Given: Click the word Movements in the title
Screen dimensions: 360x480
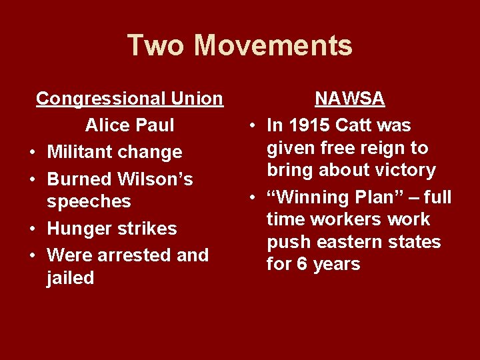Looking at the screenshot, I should tap(273, 45).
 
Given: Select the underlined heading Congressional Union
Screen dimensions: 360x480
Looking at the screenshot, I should tap(129, 99).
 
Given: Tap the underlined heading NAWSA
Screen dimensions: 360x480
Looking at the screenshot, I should tap(349, 99).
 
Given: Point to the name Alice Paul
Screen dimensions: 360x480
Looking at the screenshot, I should tap(129, 125).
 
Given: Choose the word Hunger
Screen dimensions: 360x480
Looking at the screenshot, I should tap(79, 229).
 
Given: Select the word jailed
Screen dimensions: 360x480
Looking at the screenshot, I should tap(70, 278).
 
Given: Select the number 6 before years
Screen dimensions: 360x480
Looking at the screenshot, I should tap(302, 264).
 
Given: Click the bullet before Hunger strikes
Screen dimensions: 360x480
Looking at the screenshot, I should tap(33, 229).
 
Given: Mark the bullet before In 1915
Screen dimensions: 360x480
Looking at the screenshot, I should tap(253, 126).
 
